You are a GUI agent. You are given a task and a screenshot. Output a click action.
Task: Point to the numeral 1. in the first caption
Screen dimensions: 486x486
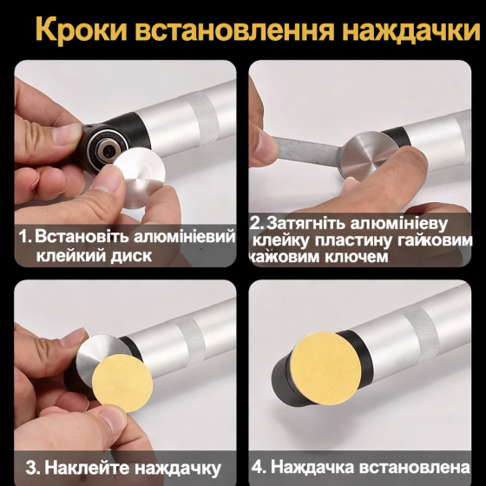(25, 236)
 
